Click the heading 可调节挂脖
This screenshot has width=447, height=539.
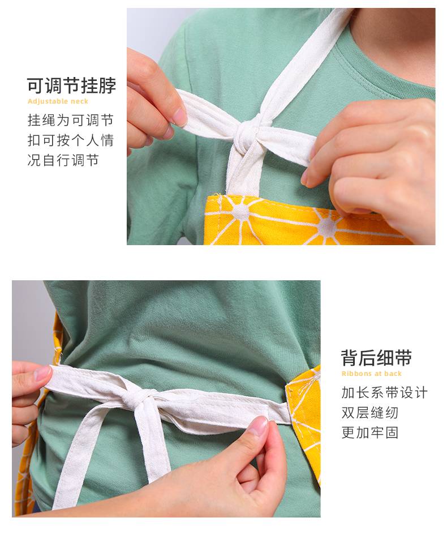(x=71, y=85)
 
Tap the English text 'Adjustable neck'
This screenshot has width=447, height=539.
(x=58, y=101)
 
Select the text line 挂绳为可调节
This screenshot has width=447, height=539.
(x=70, y=120)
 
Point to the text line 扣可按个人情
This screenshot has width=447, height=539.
(x=70, y=140)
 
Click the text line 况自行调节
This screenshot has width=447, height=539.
(x=63, y=160)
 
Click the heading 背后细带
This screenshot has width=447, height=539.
(x=376, y=358)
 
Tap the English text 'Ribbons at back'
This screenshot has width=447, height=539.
(x=371, y=374)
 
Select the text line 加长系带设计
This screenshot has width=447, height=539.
(x=384, y=392)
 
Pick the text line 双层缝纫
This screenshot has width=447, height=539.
(x=370, y=413)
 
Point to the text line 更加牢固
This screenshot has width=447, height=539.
(x=370, y=433)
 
